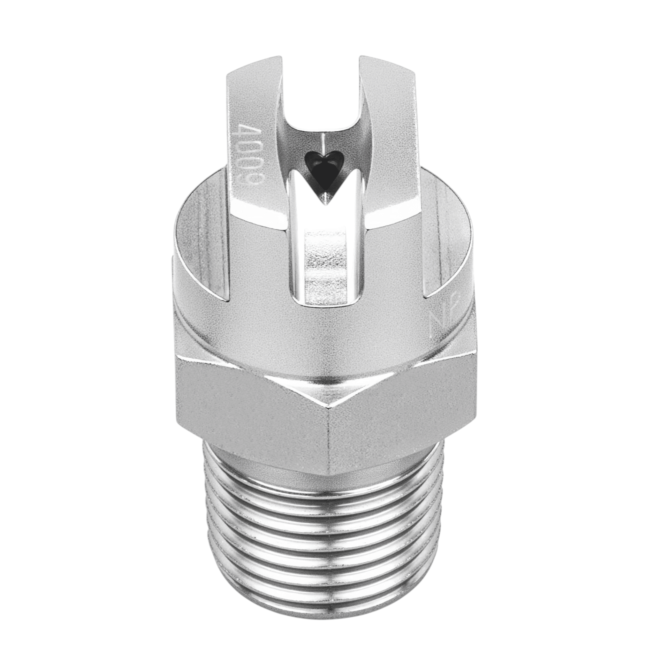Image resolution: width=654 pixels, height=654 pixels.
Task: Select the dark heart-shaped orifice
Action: tap(323, 169)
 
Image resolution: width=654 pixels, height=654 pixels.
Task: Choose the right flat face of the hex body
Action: tap(399, 403)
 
